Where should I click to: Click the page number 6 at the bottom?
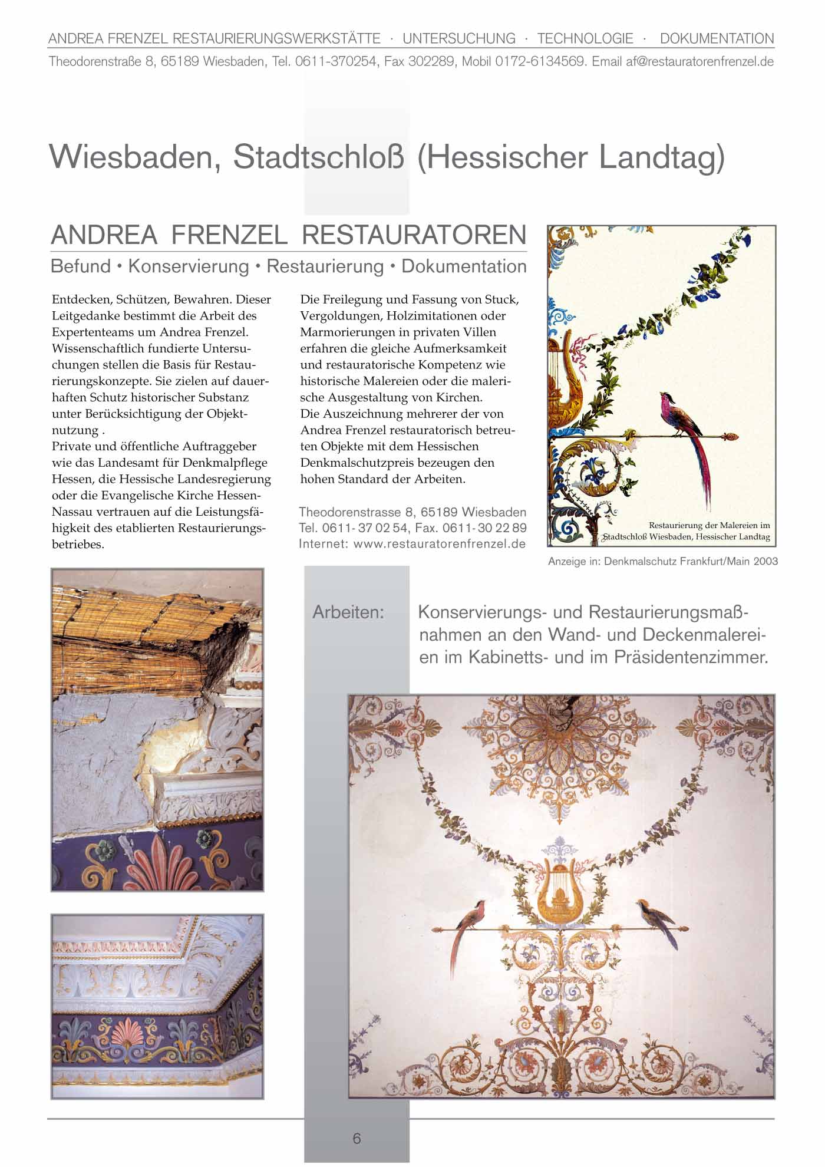357,1138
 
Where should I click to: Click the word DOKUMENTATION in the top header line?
717,39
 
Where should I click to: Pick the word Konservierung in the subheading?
189,266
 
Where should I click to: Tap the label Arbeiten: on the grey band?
348,612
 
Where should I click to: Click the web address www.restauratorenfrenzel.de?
439,544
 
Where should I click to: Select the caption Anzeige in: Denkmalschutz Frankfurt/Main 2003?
662,561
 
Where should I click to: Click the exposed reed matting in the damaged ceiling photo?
130,625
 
